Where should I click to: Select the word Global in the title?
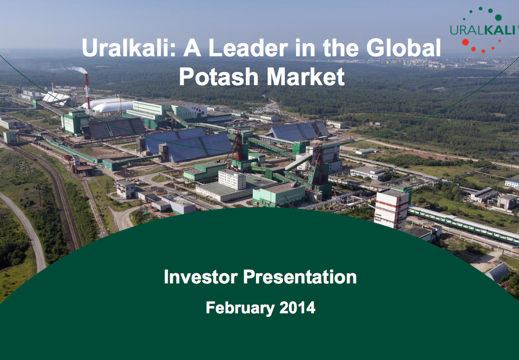(x=403, y=48)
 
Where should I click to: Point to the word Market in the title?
(x=306, y=77)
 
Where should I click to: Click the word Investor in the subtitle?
(x=201, y=277)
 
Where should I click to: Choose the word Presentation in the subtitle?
(x=300, y=277)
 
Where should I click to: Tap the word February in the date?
(x=240, y=308)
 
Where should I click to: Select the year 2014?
(x=297, y=308)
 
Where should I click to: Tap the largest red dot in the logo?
(x=465, y=42)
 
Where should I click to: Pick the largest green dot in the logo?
(x=498, y=17)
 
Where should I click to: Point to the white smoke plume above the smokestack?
(x=77, y=69)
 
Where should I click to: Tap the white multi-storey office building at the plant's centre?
(x=232, y=179)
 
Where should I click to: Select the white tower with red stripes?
(x=392, y=208)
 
